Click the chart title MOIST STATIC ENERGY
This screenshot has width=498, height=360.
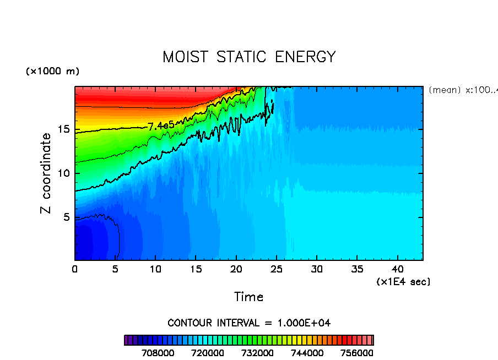(248, 57)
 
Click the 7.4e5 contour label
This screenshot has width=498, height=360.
(161, 126)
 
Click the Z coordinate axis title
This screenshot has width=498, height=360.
(47, 173)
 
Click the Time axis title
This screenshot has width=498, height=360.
(248, 297)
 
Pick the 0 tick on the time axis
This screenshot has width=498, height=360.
(75, 270)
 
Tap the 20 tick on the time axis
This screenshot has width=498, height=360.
(236, 270)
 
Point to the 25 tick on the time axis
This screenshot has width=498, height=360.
(276, 270)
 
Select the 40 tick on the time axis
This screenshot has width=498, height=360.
(397, 270)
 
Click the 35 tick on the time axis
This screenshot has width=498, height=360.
(357, 270)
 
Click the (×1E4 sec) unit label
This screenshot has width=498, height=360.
(403, 282)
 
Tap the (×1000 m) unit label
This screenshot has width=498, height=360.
(53, 72)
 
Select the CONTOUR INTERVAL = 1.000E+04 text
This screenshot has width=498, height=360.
(249, 323)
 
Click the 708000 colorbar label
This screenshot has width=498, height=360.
(159, 353)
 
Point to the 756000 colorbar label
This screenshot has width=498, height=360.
(356, 353)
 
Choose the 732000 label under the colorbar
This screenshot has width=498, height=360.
(257, 353)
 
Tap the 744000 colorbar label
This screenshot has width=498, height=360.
(307, 353)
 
